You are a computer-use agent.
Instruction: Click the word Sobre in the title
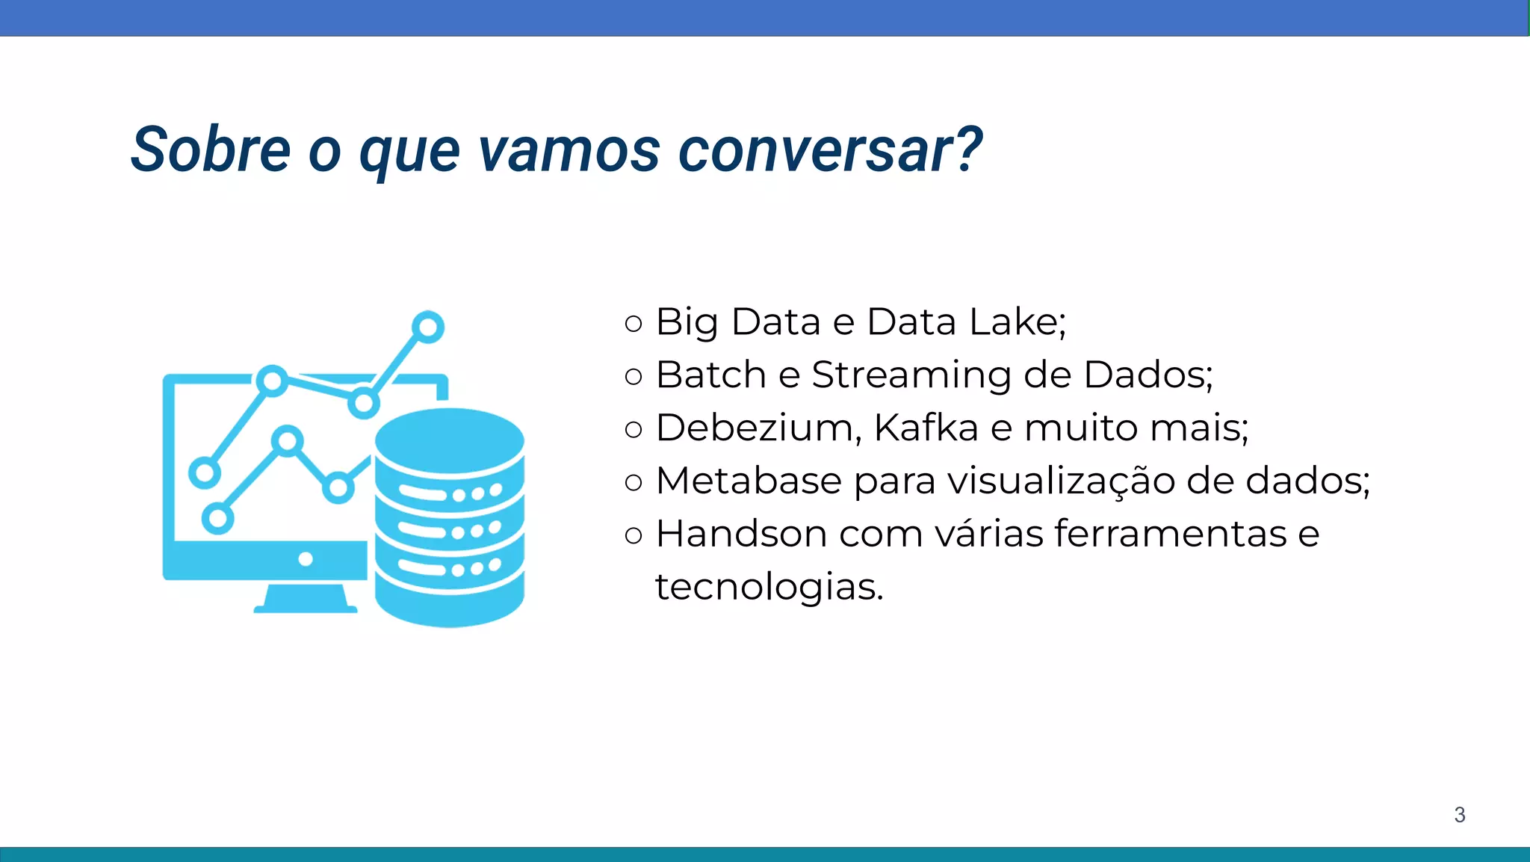[x=211, y=150]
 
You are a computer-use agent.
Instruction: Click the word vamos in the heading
[x=569, y=150]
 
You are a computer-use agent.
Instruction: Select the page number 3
[x=1459, y=815]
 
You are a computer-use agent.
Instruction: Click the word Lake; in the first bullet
[x=1017, y=322]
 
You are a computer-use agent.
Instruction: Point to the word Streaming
[x=911, y=375]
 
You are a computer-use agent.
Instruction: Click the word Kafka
[x=926, y=428]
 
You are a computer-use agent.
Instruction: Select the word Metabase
[x=749, y=481]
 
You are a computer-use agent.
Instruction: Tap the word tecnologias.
[x=769, y=587]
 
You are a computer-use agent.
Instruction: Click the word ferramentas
[x=1170, y=534]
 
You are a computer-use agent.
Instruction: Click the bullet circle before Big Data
[x=633, y=324]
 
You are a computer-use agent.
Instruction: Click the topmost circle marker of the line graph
[x=428, y=327]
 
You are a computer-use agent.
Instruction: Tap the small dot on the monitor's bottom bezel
[x=306, y=559]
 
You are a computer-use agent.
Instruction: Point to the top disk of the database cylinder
[x=449, y=441]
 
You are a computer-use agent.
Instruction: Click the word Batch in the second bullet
[x=711, y=375]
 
